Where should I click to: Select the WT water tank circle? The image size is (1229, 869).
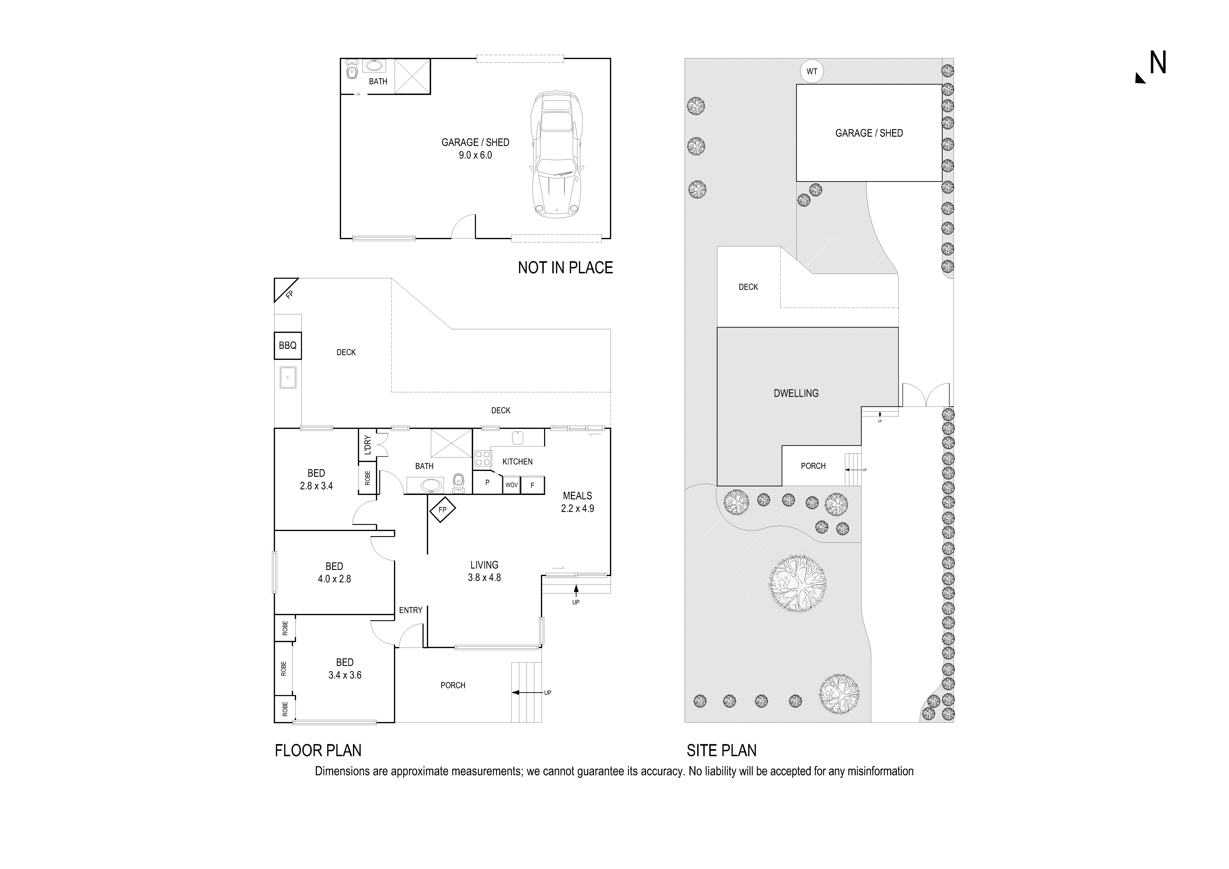coord(812,71)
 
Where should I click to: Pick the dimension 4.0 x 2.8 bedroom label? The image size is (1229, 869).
coord(334,579)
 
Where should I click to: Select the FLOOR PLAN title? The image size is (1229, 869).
coord(318,751)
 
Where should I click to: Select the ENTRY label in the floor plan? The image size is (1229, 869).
coord(411,610)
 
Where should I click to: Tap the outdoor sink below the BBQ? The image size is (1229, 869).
coord(287,378)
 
